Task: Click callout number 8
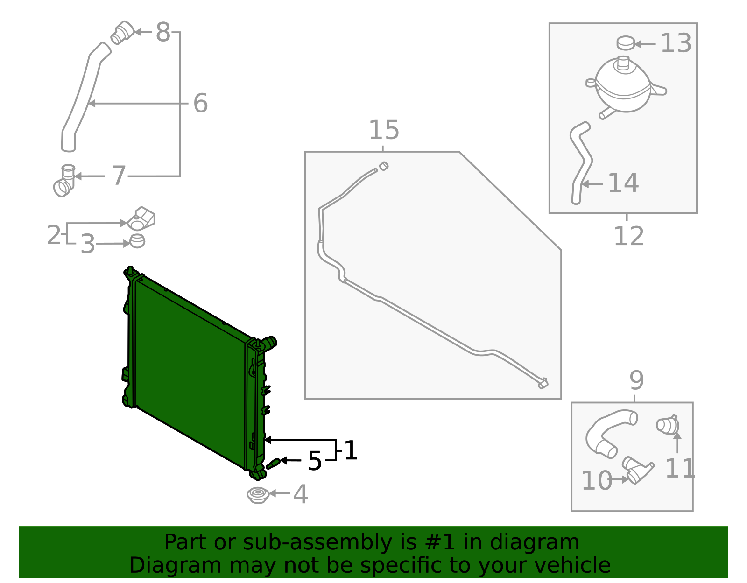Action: click(163, 33)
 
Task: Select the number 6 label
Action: click(200, 103)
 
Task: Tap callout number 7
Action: click(119, 176)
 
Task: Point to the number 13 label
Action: click(676, 43)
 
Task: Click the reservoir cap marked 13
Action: click(625, 42)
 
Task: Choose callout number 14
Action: click(623, 183)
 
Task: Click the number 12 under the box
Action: click(628, 236)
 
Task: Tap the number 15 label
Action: click(384, 130)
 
